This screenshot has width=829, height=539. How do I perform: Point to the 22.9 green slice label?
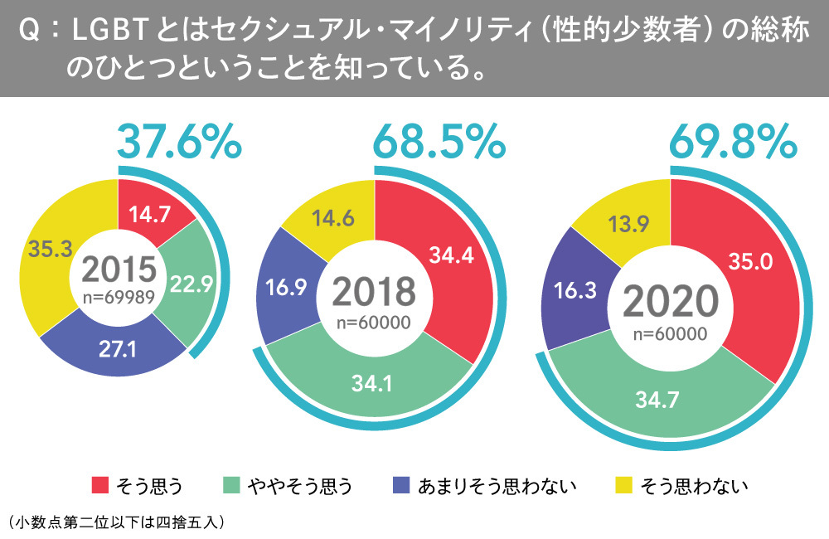point(191,284)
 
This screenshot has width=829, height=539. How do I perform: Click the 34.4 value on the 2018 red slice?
point(451,255)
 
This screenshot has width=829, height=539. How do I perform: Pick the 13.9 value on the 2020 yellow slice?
point(631,226)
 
